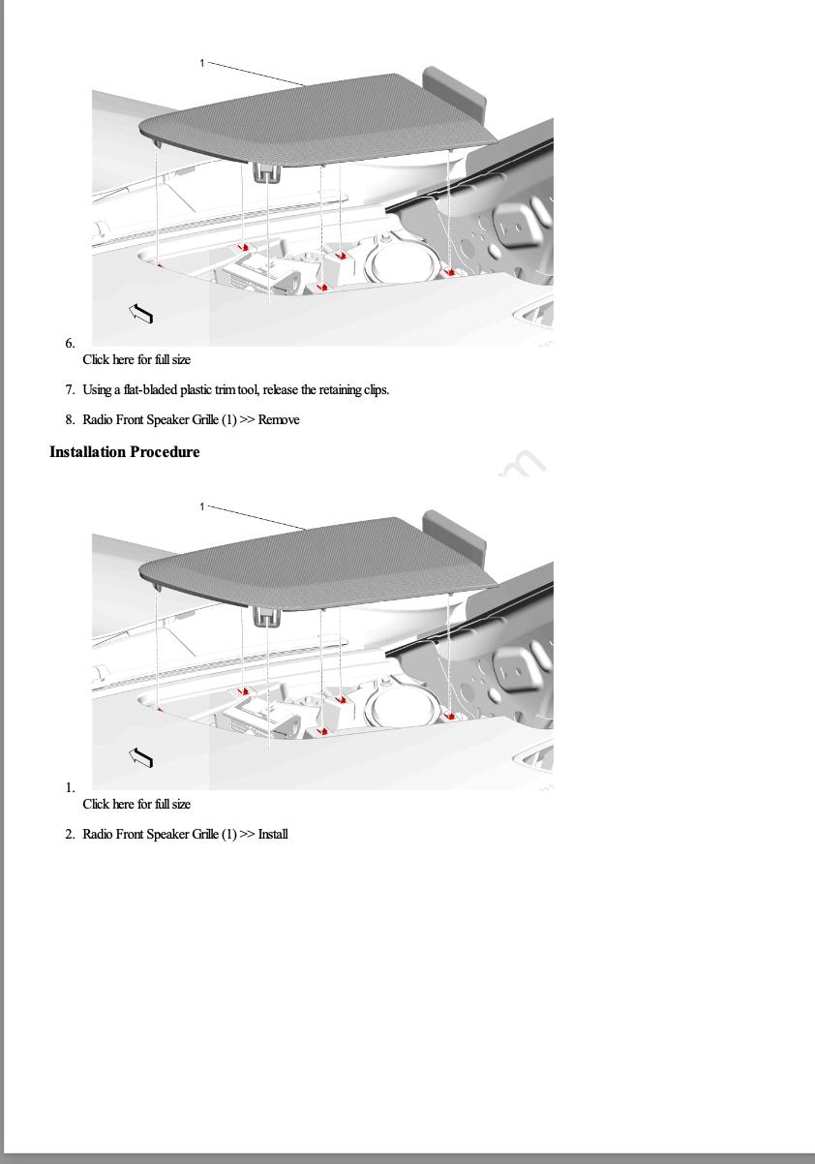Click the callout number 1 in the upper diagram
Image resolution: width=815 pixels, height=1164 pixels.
tap(202, 63)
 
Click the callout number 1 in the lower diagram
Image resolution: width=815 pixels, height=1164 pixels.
tap(202, 506)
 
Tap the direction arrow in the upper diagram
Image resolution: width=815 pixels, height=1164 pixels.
tap(141, 312)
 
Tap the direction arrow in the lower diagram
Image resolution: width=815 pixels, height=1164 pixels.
tap(141, 756)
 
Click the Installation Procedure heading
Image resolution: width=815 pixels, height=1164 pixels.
tap(125, 452)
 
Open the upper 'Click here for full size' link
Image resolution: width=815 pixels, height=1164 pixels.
tap(136, 360)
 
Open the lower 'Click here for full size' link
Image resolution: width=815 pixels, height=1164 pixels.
tap(136, 804)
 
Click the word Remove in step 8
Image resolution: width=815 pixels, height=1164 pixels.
tap(279, 420)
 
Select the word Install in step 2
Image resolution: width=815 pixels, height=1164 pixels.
tap(273, 835)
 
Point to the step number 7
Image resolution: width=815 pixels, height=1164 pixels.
tap(70, 390)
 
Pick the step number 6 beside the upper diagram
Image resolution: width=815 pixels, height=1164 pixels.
tap(70, 344)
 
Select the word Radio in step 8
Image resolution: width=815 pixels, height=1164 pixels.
tap(98, 420)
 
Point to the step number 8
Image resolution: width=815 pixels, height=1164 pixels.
tap(70, 420)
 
